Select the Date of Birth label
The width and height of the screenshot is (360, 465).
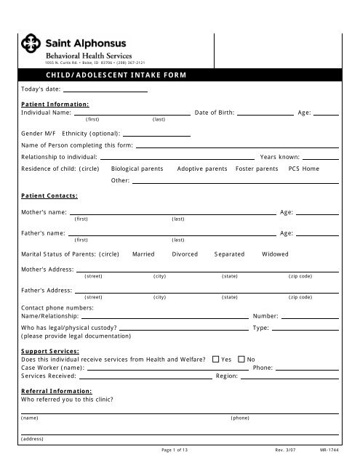(215, 113)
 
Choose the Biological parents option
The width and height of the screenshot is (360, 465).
(137, 168)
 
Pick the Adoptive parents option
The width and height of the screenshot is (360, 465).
(201, 168)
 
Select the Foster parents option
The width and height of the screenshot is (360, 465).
(257, 168)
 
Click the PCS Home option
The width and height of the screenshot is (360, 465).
(303, 168)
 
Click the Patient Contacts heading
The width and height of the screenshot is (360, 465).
(50, 195)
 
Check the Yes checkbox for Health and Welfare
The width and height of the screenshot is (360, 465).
(216, 359)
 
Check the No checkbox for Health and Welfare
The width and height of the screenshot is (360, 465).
(242, 359)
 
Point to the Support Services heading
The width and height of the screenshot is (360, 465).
(50, 351)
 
